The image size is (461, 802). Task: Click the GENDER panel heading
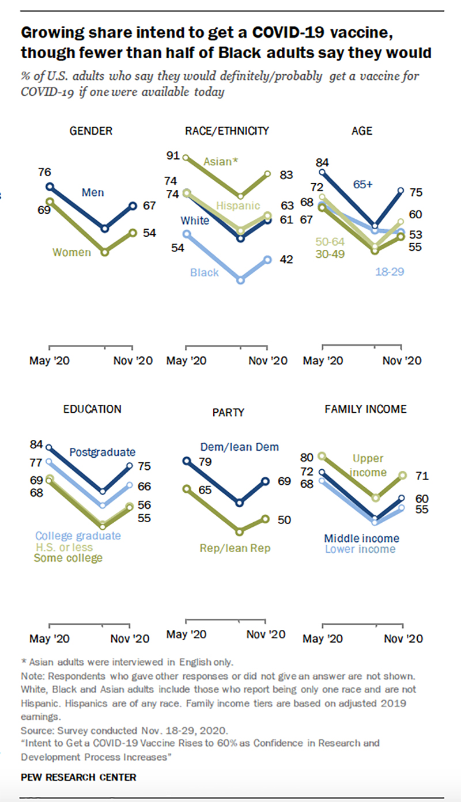pos(90,131)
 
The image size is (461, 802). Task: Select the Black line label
pos(204,272)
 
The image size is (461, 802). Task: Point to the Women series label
pos(71,252)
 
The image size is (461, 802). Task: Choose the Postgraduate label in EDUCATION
pos(102,452)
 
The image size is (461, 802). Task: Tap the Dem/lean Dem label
pos(240,446)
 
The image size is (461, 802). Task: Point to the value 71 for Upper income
pos(422,476)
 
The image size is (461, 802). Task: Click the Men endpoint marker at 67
pos(133,206)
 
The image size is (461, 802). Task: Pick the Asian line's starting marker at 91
pos(186,157)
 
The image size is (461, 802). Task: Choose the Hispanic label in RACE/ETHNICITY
pos(238,206)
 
